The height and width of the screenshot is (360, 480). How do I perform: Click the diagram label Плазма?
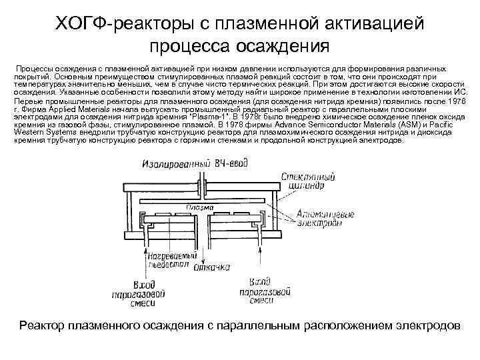click(200, 207)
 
